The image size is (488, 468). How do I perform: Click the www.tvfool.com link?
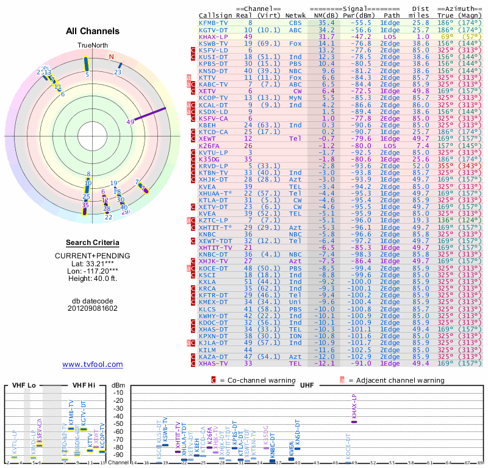click(93, 364)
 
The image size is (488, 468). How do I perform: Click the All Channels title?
click(93, 31)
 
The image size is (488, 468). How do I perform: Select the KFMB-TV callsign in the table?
click(213, 23)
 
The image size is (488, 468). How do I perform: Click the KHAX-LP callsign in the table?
click(213, 37)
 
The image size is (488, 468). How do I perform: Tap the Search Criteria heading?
click(93, 243)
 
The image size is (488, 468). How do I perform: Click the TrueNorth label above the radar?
click(92, 46)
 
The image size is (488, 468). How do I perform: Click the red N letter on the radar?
click(111, 57)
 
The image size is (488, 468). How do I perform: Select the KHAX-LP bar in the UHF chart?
click(354, 422)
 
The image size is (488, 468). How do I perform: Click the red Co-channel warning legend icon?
click(213, 380)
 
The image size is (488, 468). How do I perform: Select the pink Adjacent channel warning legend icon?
click(343, 380)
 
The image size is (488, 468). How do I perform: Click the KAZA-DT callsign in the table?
click(213, 356)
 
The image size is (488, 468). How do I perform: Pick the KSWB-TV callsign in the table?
click(213, 44)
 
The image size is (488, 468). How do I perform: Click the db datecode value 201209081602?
click(93, 308)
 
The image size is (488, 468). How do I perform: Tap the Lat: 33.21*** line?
click(93, 263)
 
